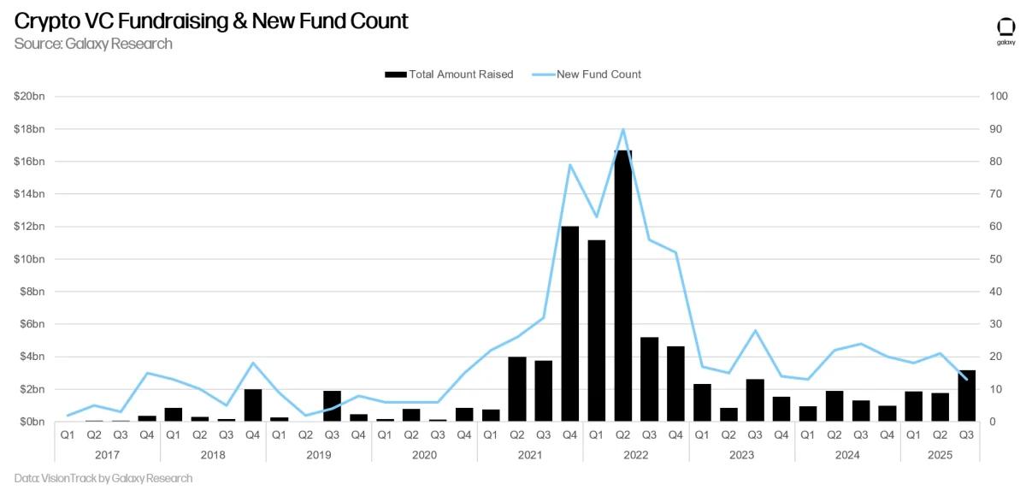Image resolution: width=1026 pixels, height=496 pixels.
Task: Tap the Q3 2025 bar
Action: [966, 395]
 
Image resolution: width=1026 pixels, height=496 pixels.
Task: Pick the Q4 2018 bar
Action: [253, 405]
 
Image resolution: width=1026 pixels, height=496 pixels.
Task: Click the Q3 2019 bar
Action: [332, 406]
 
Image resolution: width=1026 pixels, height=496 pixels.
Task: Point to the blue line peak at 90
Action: [623, 129]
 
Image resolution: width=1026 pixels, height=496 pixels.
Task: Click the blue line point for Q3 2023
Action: [755, 330]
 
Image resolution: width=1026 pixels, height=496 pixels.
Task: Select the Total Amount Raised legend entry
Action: [450, 74]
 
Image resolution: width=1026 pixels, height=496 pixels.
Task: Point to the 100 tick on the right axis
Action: [998, 97]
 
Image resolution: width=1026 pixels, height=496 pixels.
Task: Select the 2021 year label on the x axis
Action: [530, 454]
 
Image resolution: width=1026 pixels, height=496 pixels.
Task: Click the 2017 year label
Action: [107, 454]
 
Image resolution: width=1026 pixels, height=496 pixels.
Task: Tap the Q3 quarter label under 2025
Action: [966, 434]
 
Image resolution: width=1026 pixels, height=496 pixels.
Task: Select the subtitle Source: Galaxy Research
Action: [93, 44]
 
